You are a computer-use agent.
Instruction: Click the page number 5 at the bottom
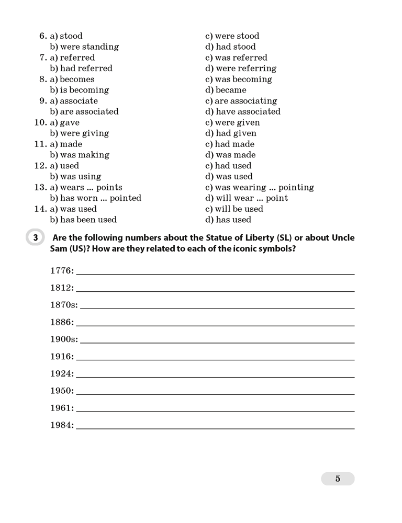click(x=338, y=479)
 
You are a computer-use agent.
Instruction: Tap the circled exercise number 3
click(x=35, y=238)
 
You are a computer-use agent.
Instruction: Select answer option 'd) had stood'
click(x=230, y=47)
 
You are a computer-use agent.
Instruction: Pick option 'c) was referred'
click(x=236, y=58)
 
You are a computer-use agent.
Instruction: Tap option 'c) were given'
click(x=232, y=122)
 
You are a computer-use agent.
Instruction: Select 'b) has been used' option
click(x=83, y=220)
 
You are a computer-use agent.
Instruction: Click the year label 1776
click(x=62, y=270)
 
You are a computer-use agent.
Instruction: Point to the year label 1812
click(x=62, y=288)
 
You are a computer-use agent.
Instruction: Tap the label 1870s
click(x=64, y=305)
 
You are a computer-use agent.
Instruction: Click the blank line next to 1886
click(x=215, y=325)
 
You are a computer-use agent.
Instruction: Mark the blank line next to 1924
click(x=215, y=377)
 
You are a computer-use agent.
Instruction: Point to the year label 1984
click(x=62, y=425)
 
